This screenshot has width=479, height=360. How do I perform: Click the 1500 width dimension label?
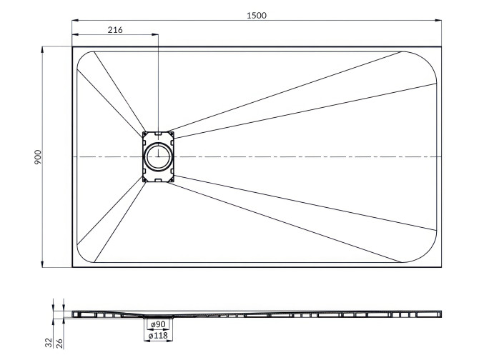(256, 15)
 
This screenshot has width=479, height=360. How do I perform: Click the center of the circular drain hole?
(157, 156)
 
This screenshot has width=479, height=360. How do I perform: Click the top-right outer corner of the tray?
(441, 47)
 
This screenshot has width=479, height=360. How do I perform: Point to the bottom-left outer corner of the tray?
(72, 266)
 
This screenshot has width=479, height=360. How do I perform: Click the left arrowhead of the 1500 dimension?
(74, 21)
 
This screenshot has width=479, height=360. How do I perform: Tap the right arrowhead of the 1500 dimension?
(439, 21)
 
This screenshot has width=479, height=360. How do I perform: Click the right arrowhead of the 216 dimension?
(154, 35)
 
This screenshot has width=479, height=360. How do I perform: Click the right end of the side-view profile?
(440, 313)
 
